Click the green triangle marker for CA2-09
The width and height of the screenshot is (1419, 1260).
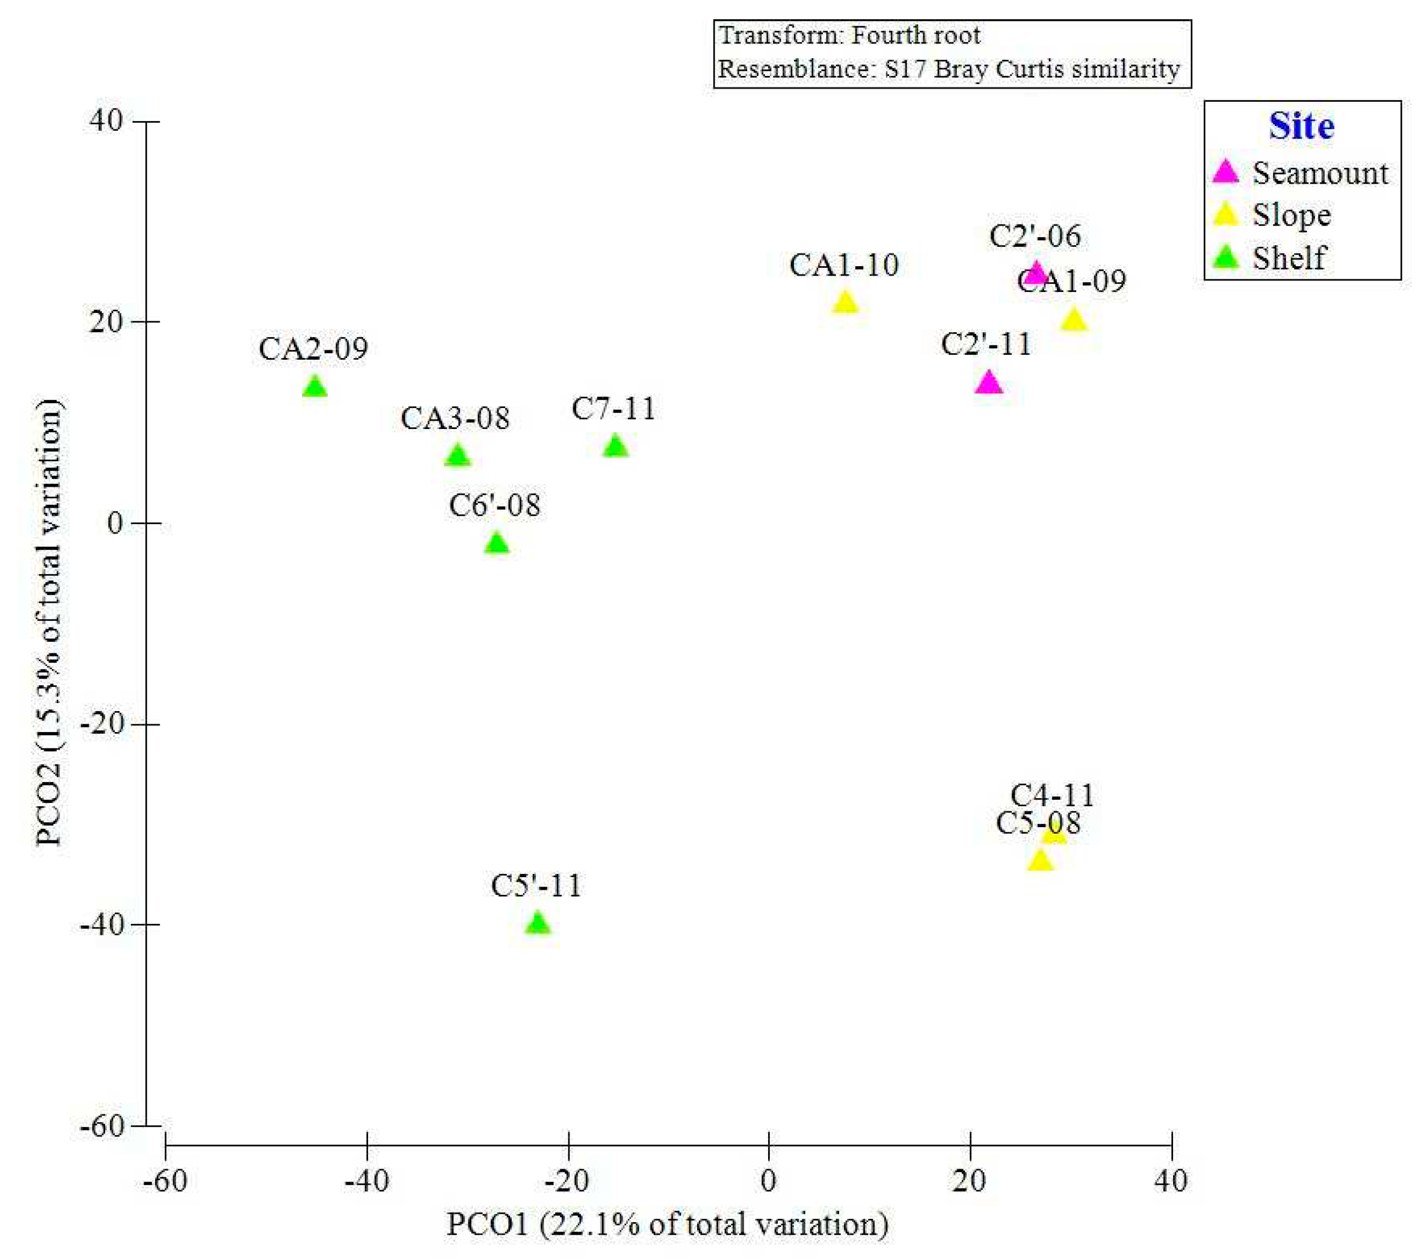click(x=315, y=387)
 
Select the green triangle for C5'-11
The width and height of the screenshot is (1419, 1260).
click(x=538, y=924)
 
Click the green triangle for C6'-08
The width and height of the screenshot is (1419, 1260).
click(x=497, y=543)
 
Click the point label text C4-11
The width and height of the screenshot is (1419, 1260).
click(x=1052, y=796)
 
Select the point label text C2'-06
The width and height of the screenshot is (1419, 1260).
click(x=1034, y=236)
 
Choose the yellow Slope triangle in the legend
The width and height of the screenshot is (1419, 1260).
click(x=1226, y=215)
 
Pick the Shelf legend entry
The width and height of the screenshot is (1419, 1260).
click(x=1289, y=258)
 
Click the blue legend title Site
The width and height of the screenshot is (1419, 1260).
click(x=1301, y=126)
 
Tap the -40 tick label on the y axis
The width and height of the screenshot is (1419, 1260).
click(x=101, y=925)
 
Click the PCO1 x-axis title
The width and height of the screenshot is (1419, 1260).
click(x=666, y=1225)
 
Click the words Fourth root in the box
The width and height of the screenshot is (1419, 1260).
click(x=916, y=35)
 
